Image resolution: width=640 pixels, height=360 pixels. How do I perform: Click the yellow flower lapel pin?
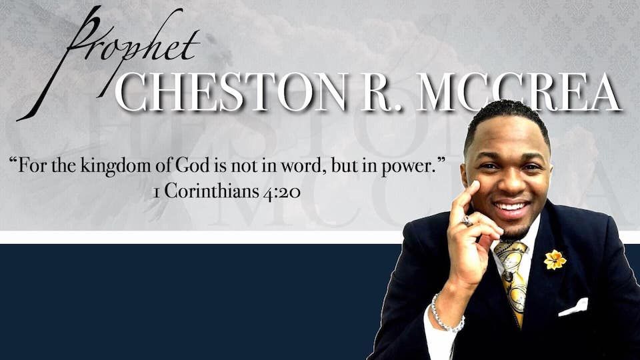[x=554, y=259]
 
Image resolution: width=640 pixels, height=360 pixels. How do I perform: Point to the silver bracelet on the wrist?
[x=445, y=314]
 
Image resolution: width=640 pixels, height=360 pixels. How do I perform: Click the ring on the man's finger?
[x=467, y=220]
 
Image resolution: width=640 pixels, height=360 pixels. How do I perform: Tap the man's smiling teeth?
[x=512, y=207]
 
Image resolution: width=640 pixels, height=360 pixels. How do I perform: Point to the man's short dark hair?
[x=507, y=117]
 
